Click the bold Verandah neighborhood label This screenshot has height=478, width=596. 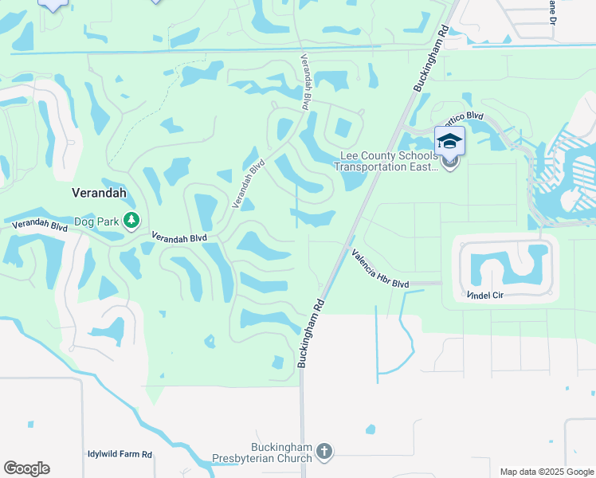[x=99, y=194]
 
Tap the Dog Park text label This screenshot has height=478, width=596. [x=96, y=221]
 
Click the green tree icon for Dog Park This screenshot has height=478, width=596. [x=131, y=221]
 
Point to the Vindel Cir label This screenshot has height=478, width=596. [x=485, y=295]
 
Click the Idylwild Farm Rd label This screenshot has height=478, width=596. [x=120, y=454]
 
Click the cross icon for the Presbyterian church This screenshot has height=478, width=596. [x=323, y=452]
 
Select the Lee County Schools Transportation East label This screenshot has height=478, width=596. [x=386, y=161]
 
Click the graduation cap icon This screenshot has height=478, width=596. [x=450, y=141]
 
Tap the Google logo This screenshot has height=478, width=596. [x=26, y=468]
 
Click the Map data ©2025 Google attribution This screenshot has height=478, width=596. [x=546, y=472]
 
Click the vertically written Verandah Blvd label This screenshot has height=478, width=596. [x=305, y=81]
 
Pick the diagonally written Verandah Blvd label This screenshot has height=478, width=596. [x=248, y=184]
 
